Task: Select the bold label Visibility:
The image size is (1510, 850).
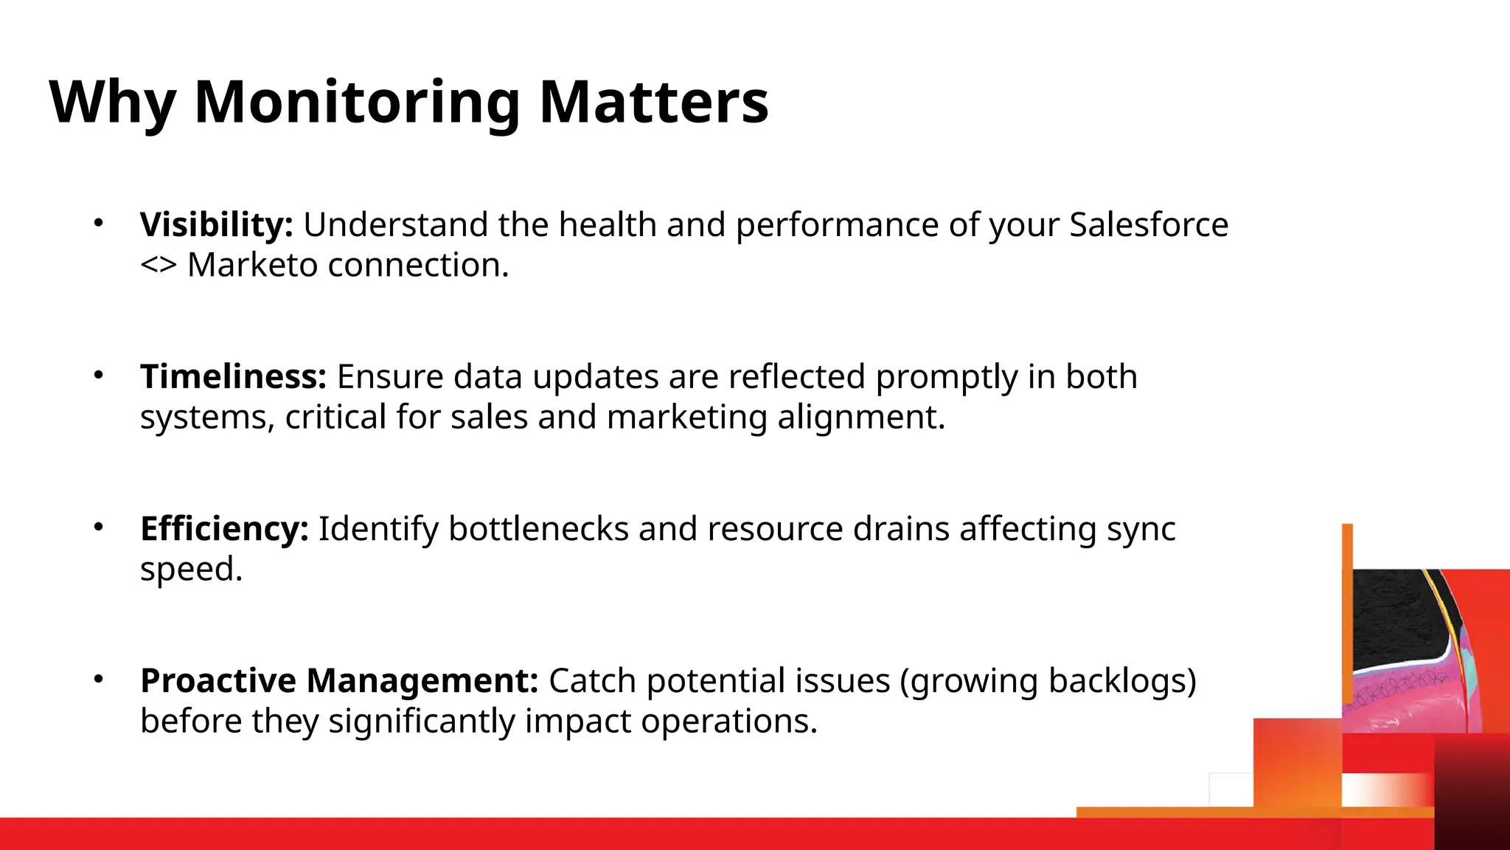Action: tap(216, 224)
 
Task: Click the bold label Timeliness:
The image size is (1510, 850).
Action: tap(233, 376)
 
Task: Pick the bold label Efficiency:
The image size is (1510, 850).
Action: tap(223, 528)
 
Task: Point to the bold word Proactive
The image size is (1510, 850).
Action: tap(218, 680)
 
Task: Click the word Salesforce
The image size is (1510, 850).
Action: tap(1148, 224)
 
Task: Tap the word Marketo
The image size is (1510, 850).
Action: tap(252, 265)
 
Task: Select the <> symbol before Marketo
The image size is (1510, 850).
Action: tap(158, 265)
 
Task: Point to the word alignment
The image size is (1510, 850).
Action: tap(860, 417)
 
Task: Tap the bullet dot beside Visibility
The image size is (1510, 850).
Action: tap(98, 222)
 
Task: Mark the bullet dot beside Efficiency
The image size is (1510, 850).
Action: tap(98, 526)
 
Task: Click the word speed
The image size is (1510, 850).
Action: tap(190, 569)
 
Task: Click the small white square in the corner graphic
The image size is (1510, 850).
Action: tap(1231, 789)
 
